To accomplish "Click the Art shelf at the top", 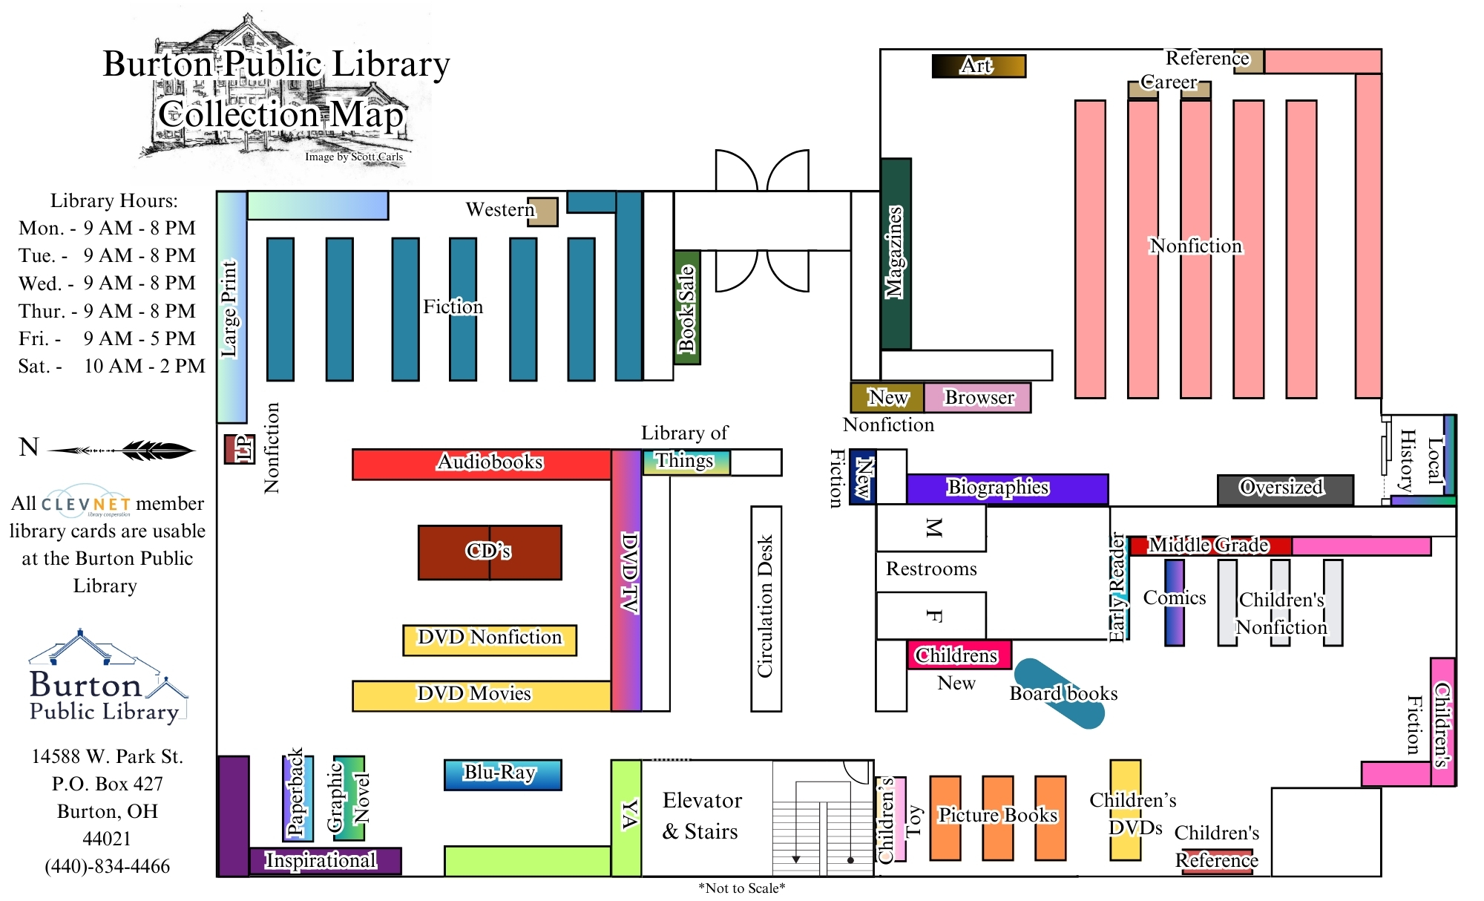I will [978, 66].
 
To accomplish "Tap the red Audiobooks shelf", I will [482, 464].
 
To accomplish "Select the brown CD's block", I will [490, 552].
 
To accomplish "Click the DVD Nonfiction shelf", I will [490, 639].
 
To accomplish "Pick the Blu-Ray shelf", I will [502, 774].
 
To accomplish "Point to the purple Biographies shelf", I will [1007, 488].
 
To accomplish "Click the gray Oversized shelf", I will [1284, 489].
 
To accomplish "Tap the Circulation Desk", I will [766, 609].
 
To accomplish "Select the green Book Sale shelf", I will [687, 307].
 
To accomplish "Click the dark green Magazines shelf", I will [896, 254].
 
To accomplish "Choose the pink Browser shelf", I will [977, 398].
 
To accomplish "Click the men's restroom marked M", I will [931, 528].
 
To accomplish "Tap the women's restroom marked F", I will [931, 615].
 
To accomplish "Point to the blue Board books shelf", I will [1059, 693].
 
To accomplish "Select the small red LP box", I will [239, 449].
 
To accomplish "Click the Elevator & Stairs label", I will [701, 816].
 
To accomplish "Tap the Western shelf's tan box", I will [542, 212].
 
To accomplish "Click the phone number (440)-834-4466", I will [108, 866].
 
